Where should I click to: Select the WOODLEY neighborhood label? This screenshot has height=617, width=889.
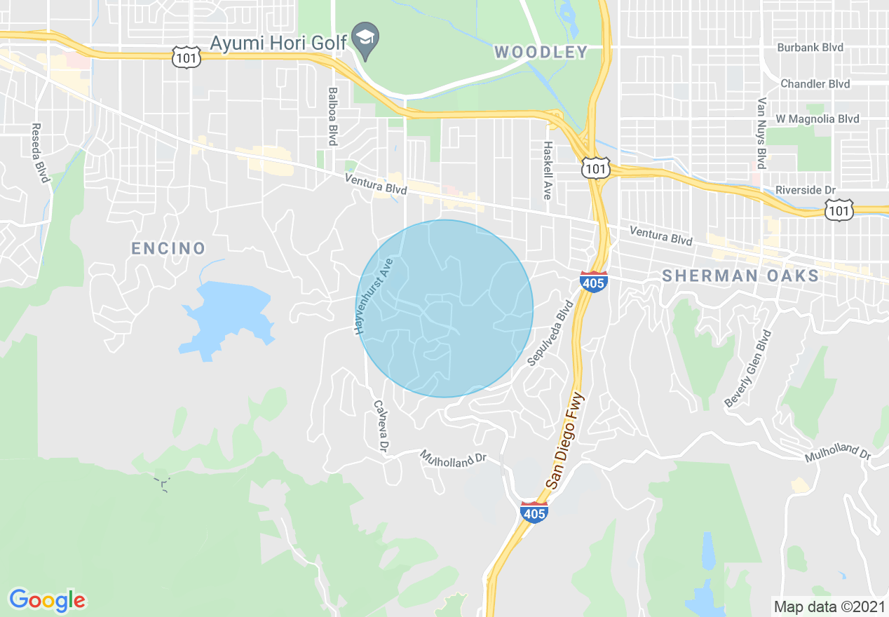[541, 52]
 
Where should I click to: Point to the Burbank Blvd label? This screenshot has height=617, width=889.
[810, 48]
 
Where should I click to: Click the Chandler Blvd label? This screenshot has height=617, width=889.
[815, 84]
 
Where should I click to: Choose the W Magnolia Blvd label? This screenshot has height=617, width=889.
[817, 119]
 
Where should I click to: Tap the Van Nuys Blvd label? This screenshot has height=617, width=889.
[761, 133]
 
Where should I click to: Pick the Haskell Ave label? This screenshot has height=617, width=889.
[548, 170]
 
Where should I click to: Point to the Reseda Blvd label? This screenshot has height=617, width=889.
[40, 154]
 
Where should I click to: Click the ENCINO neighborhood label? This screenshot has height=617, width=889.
[169, 248]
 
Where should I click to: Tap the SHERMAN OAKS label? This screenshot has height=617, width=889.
[740, 276]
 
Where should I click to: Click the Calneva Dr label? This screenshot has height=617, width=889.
[381, 426]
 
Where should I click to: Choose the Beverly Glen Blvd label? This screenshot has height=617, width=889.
[748, 369]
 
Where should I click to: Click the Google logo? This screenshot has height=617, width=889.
[47, 600]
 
